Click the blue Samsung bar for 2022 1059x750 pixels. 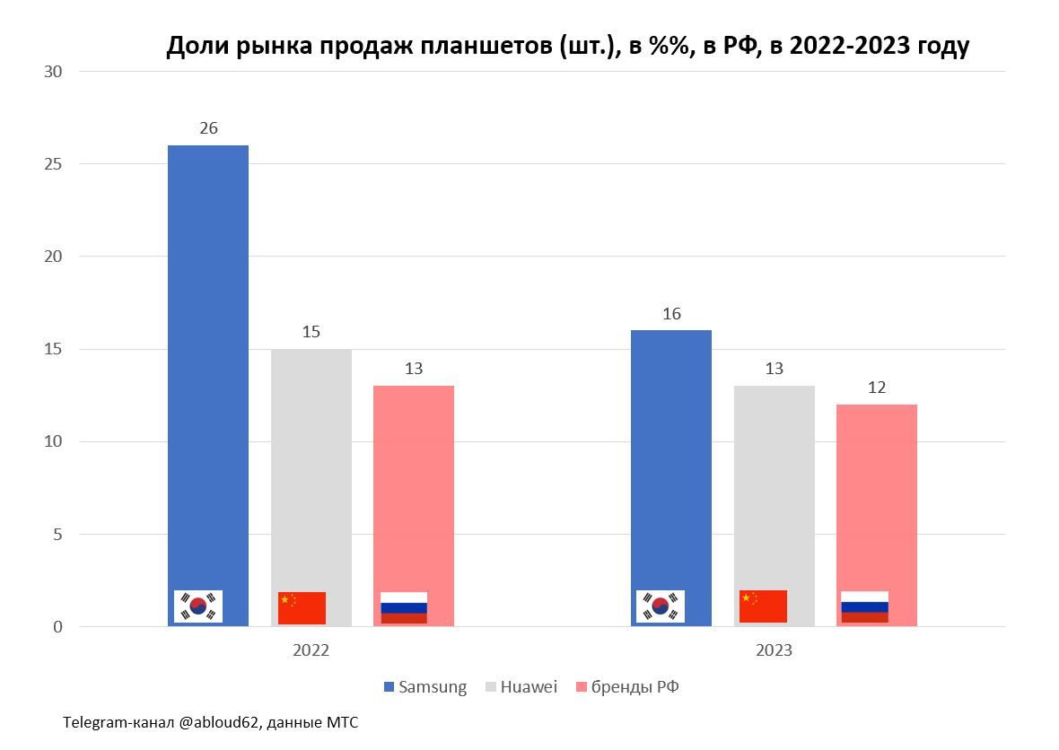coord(208,359)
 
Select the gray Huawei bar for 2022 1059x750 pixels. coord(311,467)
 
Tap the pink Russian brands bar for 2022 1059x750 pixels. coord(414,484)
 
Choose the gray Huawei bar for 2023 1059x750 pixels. coord(774,484)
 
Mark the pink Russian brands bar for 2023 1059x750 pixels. coord(877,493)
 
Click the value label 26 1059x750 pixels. coord(208,128)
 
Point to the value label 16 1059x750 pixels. coord(671,314)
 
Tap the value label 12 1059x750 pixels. coord(877,388)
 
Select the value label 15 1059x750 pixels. coord(311,332)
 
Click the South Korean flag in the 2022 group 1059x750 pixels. coord(198,607)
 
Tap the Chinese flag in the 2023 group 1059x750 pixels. coord(763,606)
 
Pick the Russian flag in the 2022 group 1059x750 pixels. coord(404,608)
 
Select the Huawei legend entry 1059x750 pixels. coord(521,687)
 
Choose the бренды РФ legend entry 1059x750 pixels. coord(632,687)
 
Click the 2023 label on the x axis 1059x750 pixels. coord(774,650)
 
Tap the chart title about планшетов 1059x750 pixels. coord(567,47)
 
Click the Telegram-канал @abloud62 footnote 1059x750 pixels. coord(211,722)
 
